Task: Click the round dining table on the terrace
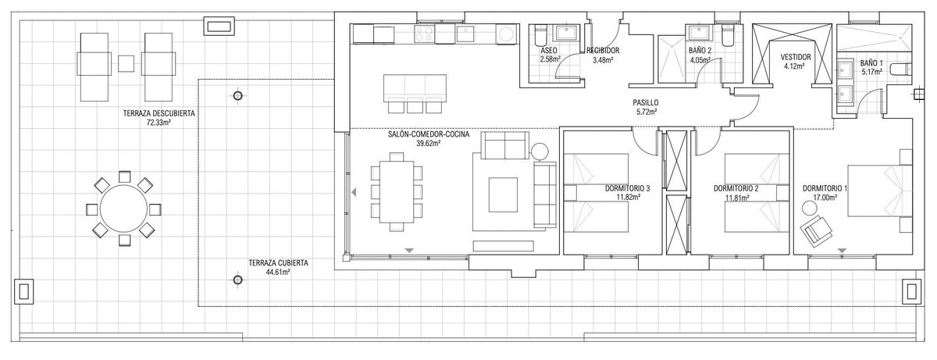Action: [123, 209]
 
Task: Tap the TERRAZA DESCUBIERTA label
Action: [159, 113]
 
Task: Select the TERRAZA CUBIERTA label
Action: [278, 263]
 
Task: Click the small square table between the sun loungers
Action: [126, 63]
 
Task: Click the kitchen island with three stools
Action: [415, 88]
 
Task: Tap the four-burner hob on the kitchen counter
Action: [424, 34]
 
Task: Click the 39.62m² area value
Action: [429, 144]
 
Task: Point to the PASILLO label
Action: [646, 102]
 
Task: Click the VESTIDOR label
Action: [796, 57]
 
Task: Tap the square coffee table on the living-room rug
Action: [503, 195]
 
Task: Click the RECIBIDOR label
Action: [603, 51]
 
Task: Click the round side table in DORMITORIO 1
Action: [810, 209]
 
